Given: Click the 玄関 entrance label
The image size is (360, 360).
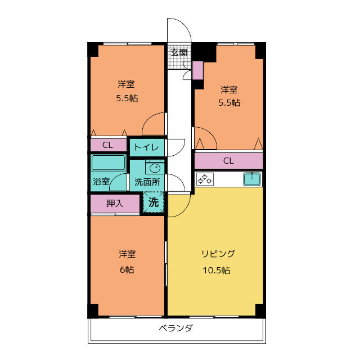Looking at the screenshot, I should click(x=179, y=52).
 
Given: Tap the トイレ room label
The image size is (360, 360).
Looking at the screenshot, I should click(x=147, y=148).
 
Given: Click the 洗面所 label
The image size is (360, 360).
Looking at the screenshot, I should click(x=147, y=182).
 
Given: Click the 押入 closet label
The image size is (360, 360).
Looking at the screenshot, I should click(x=115, y=204).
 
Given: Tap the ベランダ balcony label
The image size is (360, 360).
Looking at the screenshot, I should click(x=175, y=328).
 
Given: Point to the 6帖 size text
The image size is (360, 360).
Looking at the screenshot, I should click(x=127, y=269).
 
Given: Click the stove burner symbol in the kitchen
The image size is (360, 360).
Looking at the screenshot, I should click(x=204, y=179).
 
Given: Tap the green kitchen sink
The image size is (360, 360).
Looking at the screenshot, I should click(x=252, y=179).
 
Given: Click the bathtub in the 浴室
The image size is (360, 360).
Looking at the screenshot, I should click(x=109, y=163).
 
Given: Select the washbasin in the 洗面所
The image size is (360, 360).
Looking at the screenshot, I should click(x=154, y=168).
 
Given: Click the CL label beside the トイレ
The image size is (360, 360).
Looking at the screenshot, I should click(x=107, y=145).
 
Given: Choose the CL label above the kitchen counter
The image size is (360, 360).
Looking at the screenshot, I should click(x=228, y=161).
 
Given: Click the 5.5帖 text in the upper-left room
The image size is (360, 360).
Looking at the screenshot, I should click(x=127, y=98).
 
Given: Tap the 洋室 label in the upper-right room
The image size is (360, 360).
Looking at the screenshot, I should click(x=228, y=89).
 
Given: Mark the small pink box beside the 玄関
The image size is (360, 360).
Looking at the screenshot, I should click(x=197, y=70).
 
